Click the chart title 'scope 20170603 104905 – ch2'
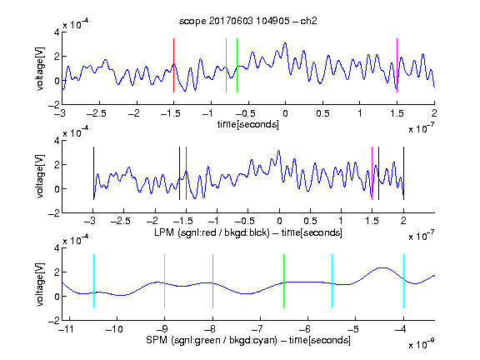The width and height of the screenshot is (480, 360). click(248, 21)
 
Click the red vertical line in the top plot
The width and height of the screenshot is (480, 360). click(173, 65)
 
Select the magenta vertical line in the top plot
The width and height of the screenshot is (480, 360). click(397, 65)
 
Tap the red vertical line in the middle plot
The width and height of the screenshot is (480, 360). click(186, 173)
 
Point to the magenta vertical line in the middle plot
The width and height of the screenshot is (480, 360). click(372, 173)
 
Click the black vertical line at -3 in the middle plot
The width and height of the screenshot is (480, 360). click(93, 173)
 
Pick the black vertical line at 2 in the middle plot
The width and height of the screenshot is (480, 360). click(404, 173)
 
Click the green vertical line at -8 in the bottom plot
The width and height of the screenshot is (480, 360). click(212, 281)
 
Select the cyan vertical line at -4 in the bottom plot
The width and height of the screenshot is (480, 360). click(404, 281)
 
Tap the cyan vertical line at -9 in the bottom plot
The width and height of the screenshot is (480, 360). click(165, 281)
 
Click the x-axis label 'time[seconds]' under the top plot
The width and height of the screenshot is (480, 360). click(248, 124)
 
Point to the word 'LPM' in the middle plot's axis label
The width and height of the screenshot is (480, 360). click(164, 232)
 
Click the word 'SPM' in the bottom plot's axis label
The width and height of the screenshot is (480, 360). click(157, 340)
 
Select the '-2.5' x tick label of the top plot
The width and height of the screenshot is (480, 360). click(97, 113)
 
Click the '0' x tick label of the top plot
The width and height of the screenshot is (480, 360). click(285, 113)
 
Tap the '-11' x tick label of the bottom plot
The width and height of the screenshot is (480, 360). click(67, 329)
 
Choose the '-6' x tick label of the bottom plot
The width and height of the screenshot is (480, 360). click(305, 329)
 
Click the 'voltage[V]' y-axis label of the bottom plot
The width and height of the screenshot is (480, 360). click(40, 284)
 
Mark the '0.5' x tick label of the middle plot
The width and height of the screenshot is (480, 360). click(310, 221)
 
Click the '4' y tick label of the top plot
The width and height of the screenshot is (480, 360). click(57, 32)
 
